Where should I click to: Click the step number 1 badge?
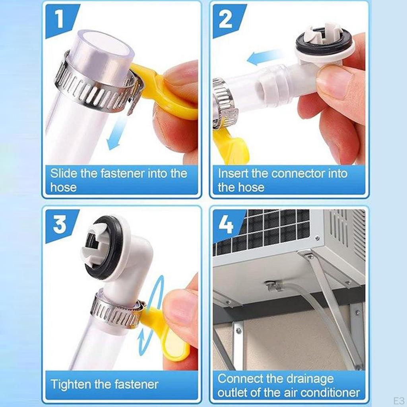coord(60,20)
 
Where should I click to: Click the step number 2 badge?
coord(226,20)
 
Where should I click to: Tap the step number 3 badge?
coord(60,225)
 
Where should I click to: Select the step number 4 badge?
coord(226,225)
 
